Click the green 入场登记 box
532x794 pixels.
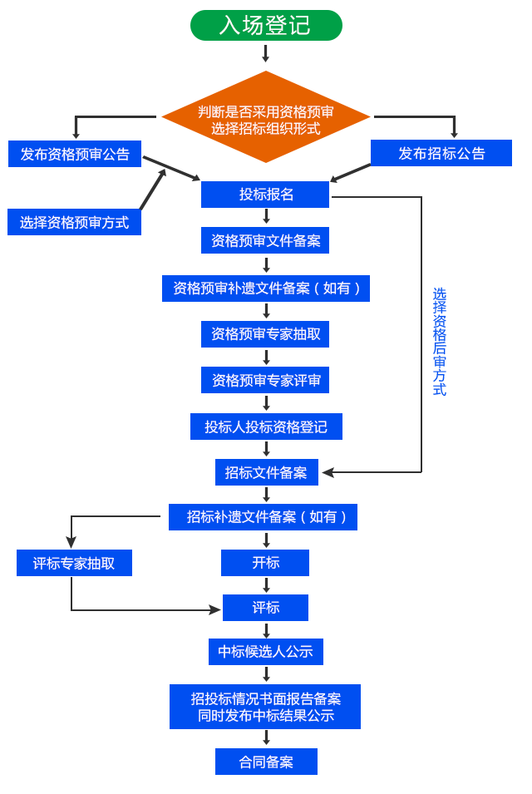265,25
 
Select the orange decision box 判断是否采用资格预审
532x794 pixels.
265,116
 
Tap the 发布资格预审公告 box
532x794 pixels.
75,154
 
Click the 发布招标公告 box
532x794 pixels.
441,154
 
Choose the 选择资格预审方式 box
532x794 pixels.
74,223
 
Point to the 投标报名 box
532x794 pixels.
266,195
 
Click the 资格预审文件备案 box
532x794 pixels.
265,241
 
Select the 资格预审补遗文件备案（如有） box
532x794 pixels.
265,289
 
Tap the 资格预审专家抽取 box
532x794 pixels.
265,334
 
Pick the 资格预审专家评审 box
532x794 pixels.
265,381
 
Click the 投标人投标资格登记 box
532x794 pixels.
265,427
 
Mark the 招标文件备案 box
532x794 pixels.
266,473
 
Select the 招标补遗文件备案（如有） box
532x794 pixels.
264,517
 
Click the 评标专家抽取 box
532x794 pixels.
74,564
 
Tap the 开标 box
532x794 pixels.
265,563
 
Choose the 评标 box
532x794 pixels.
265,608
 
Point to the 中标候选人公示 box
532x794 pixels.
265,653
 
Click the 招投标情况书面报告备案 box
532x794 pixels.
264,707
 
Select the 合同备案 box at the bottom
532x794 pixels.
265,762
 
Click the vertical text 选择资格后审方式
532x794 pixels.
439,342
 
